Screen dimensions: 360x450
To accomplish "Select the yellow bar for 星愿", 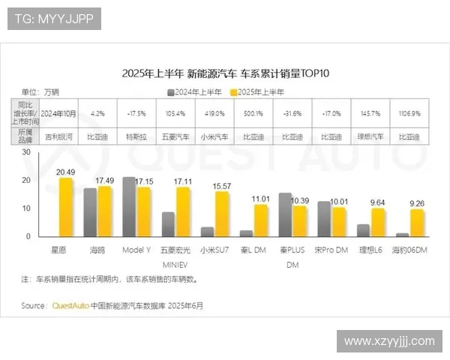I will (x=66, y=208).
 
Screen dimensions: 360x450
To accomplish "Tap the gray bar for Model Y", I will (x=129, y=207).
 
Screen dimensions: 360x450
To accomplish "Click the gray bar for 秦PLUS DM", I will (x=285, y=214).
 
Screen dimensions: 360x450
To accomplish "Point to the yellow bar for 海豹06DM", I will (x=417, y=223).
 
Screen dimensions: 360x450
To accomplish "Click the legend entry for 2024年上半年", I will (x=196, y=91).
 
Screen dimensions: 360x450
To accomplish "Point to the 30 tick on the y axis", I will (x=26, y=151).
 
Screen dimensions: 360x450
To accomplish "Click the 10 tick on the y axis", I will (x=26, y=208).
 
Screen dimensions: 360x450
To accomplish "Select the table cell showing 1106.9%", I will (x=409, y=113).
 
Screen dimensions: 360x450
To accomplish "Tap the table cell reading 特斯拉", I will (x=136, y=137).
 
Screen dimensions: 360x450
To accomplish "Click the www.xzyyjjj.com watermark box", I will (x=389, y=340).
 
